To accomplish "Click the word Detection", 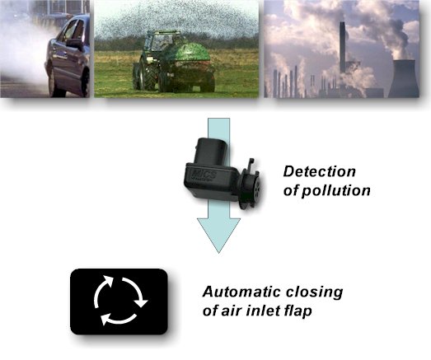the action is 320,171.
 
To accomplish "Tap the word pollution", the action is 336,191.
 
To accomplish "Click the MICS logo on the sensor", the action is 204,175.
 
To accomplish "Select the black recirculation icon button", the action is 119,302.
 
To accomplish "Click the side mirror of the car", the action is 74,44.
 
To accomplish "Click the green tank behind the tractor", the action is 187,54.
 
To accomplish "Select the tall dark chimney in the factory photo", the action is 343,47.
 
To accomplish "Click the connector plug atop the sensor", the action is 211,150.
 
